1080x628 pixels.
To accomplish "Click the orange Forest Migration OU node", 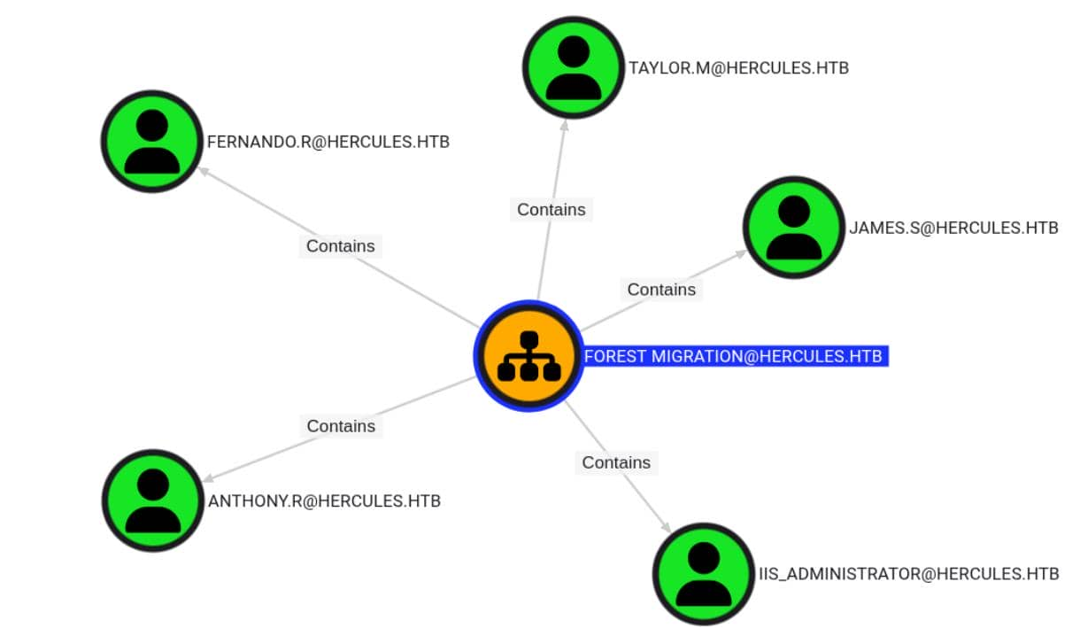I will (528, 355).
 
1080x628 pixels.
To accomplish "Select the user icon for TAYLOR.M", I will (574, 67).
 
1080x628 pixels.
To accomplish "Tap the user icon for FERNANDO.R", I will (152, 141).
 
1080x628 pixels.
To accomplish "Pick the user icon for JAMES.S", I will (793, 228).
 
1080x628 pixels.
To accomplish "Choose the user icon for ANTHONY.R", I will (153, 500).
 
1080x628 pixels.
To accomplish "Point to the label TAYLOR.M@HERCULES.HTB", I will (738, 68).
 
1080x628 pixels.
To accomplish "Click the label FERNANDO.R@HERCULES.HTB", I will (328, 142).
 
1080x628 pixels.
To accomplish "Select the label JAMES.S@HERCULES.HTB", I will (953, 229).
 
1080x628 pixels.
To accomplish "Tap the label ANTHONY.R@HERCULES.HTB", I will (324, 501).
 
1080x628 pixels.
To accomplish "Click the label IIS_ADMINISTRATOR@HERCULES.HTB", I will (908, 574).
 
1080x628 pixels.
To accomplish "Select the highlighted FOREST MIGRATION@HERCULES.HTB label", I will (733, 356).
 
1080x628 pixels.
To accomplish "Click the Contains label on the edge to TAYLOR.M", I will (552, 210).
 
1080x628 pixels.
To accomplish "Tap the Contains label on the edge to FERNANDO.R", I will (341, 246).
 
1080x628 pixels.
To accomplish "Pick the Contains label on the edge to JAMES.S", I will (661, 290).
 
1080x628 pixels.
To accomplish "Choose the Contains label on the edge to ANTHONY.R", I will (341, 426).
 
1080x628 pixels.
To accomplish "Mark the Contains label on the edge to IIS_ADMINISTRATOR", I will (616, 462).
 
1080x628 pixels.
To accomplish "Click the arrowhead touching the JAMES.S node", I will (740, 253).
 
